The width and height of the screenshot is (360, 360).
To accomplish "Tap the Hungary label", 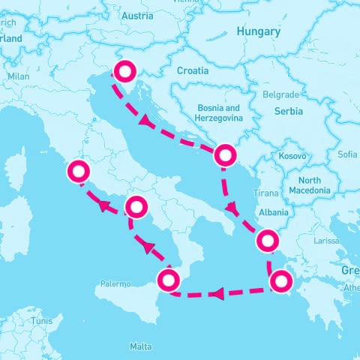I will pyautogui.click(x=258, y=32).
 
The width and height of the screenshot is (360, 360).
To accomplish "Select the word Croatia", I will pyautogui.click(x=193, y=70).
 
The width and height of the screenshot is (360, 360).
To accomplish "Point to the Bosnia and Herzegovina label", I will pyautogui.click(x=217, y=113).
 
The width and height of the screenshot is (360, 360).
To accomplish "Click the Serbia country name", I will pyautogui.click(x=288, y=111).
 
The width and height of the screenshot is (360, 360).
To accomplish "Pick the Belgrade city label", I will pyautogui.click(x=280, y=94).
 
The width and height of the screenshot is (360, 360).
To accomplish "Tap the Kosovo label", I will pyautogui.click(x=292, y=155).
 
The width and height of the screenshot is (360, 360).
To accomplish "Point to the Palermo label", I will pyautogui.click(x=115, y=284).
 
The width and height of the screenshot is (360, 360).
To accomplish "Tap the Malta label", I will pyautogui.click(x=140, y=346).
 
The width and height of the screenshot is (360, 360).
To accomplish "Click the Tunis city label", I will pyautogui.click(x=41, y=321).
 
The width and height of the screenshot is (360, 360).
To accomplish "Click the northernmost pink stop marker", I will pyautogui.click(x=124, y=71).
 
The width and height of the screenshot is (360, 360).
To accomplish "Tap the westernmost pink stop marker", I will pyautogui.click(x=78, y=171).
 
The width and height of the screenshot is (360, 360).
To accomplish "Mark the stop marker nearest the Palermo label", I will pyautogui.click(x=168, y=281).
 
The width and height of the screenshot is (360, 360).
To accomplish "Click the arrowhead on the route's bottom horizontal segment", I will pyautogui.click(x=217, y=293).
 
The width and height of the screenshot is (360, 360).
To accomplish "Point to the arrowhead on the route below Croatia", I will pyautogui.click(x=143, y=121).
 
